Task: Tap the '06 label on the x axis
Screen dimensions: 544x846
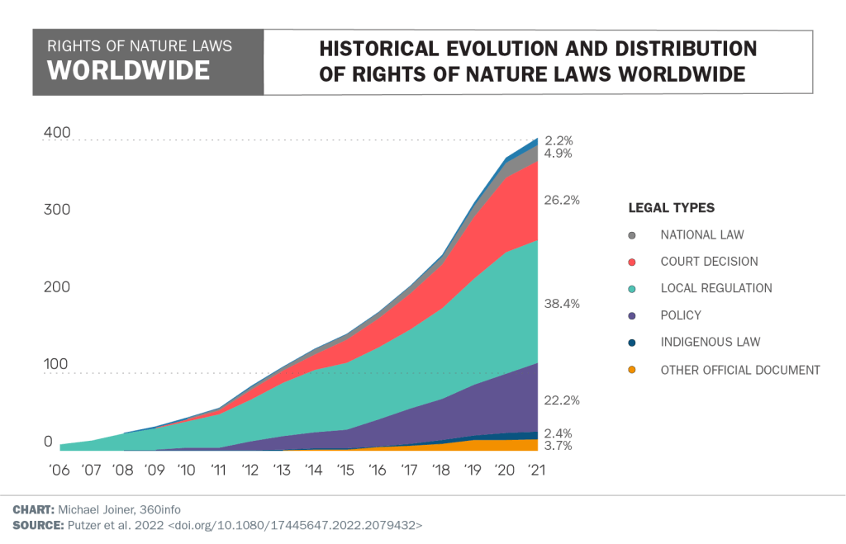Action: (59, 470)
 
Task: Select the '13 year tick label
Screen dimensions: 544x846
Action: (282, 470)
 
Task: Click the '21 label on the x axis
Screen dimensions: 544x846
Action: (536, 470)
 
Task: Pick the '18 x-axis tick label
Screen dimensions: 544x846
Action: (440, 470)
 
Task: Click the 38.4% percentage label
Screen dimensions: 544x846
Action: (563, 304)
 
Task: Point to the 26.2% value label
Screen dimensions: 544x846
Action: (563, 200)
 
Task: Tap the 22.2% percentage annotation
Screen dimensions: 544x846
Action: (563, 400)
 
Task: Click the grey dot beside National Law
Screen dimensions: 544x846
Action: (633, 235)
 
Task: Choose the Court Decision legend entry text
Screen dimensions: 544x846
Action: (709, 262)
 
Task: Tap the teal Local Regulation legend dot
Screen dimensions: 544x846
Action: (633, 289)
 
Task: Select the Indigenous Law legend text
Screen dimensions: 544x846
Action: (710, 342)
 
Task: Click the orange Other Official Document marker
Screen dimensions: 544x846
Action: (633, 370)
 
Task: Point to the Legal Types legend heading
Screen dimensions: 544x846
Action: (672, 208)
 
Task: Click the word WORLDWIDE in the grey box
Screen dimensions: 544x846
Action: (128, 70)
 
